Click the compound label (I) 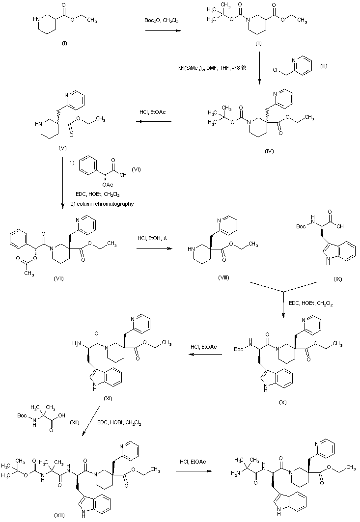(64, 44)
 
